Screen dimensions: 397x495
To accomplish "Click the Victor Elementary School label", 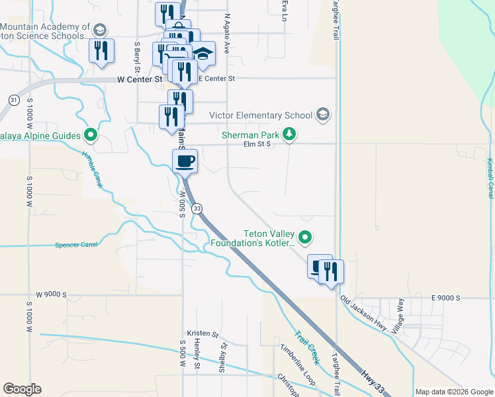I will pos(260,115).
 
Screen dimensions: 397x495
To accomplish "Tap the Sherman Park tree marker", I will pos(289,135).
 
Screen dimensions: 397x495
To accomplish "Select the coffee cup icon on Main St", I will pos(185,160).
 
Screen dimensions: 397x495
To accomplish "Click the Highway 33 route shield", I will pos(197,208).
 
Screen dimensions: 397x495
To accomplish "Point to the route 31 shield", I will pos(14,100).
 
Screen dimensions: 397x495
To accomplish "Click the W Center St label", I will pos(139,79).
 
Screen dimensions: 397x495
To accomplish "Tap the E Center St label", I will pos(217,79).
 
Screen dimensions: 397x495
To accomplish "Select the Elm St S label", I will pos(257,144).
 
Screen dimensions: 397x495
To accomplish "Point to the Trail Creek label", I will pos(306,347).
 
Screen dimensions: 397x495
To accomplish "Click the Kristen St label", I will pos(202,334).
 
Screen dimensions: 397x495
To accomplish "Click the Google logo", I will pos(22,389).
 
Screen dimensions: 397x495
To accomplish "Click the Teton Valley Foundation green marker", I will pos(305,236).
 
